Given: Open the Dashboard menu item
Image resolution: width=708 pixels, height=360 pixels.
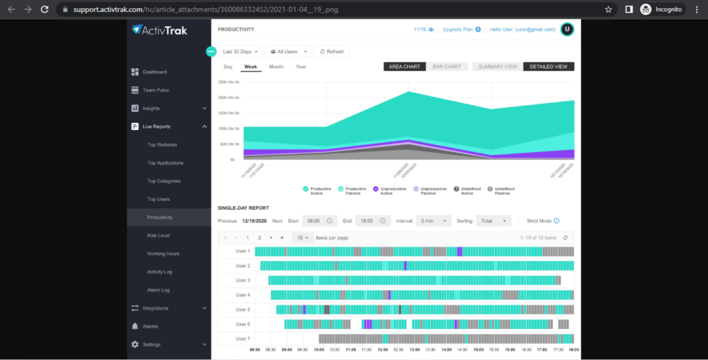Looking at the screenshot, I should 154,72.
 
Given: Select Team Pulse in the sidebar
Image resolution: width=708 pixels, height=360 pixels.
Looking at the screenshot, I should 156,90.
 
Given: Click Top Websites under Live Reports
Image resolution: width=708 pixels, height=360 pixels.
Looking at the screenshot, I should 162,144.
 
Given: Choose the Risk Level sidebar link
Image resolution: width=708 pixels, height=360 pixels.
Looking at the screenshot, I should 158,236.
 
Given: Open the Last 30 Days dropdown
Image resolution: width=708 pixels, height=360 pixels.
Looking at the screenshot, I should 241,51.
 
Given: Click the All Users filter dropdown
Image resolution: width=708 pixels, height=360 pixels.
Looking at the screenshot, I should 288,51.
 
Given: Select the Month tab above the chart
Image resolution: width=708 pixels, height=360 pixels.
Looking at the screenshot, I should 276,67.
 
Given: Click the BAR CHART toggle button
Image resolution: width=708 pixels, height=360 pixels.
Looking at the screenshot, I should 447,67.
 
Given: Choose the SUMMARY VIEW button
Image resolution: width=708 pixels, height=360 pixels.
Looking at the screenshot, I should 498,67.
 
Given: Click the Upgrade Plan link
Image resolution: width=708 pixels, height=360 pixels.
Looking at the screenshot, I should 461,30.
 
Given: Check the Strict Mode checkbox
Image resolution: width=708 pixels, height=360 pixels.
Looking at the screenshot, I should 521,221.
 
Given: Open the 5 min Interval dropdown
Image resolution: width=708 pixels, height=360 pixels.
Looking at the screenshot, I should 433,221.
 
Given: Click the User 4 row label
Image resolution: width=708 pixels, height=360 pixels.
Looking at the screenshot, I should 243,295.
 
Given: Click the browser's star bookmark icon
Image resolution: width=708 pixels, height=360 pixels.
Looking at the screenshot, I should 608,10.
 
